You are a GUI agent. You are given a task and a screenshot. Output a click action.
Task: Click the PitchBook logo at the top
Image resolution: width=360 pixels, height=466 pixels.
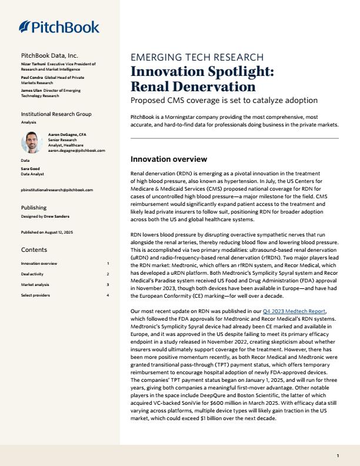(x=59, y=26)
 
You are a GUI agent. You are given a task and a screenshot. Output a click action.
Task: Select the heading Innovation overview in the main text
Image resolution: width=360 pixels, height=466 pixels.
(x=168, y=159)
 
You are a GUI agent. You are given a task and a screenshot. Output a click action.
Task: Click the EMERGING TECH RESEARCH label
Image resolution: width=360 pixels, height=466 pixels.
(x=196, y=58)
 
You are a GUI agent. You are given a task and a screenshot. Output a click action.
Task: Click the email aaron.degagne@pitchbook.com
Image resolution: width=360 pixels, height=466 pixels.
(x=76, y=150)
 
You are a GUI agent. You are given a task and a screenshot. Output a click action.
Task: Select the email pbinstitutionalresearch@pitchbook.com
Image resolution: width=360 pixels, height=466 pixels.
(x=56, y=190)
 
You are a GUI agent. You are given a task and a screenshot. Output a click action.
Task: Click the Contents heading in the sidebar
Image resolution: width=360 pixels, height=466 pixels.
(x=34, y=250)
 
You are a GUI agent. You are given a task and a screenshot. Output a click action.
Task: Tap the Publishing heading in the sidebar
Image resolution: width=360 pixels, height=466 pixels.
(x=34, y=208)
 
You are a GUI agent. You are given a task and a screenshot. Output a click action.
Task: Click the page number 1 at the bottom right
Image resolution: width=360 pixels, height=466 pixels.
(x=338, y=456)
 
